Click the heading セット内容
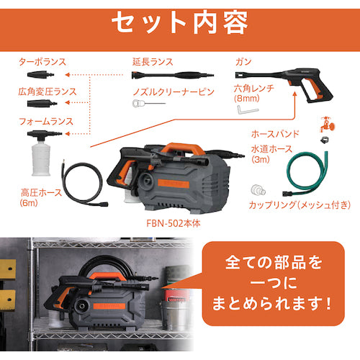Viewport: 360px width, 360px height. click(180, 23)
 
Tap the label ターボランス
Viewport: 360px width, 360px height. click(42, 62)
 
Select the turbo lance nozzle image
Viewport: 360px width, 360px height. click(40, 75)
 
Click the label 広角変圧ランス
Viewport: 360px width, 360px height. click(48, 91)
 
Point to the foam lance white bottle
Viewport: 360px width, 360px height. click(41, 157)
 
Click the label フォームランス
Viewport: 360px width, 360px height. click(45, 122)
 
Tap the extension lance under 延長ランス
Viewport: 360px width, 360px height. click(173, 75)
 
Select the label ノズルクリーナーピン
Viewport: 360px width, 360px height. click(174, 92)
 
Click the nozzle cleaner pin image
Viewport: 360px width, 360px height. click(149, 104)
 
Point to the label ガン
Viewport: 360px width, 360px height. click(243, 62)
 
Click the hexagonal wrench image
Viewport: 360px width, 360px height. click(248, 109)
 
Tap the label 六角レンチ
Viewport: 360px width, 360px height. click(254, 89)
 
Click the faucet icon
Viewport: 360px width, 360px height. click(328, 125)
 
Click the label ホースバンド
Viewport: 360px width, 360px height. click(275, 134)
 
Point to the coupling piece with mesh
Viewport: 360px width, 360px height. click(258, 190)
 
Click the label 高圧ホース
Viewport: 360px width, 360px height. click(41, 193)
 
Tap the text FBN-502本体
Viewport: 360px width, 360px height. click(174, 223)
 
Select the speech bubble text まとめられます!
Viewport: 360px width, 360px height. click(272, 303)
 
